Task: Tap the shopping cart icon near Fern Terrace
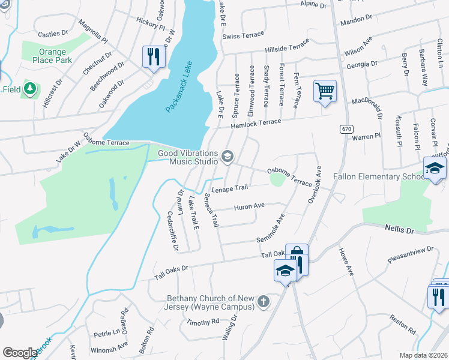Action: pos(325,92)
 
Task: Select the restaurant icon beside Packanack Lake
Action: pos(154,57)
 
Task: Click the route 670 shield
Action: pos(345,129)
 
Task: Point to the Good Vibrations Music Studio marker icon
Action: pos(228,157)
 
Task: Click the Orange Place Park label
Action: pos(48,56)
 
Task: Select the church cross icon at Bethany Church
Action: pos(263,302)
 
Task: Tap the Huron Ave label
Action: pos(249,207)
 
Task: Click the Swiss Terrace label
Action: pos(239,36)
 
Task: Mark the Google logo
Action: pos(20,352)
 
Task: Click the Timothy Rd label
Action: pos(198,322)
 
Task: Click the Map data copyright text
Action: pos(423,355)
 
